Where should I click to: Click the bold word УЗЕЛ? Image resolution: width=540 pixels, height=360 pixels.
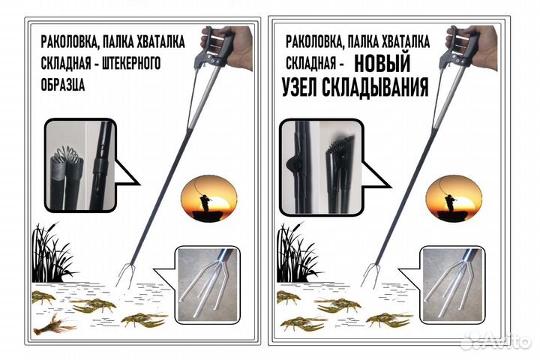(306, 88)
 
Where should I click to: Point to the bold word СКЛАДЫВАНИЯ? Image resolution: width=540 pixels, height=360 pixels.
(379, 88)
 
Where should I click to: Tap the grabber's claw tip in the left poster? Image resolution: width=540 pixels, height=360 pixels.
(127, 277)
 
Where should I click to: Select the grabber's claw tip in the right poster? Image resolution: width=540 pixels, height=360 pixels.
(370, 275)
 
